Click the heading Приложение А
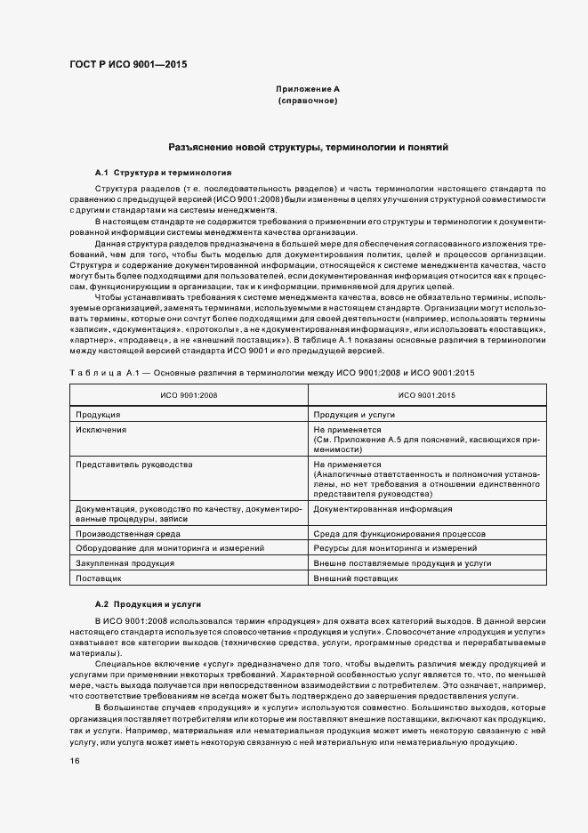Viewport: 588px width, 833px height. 308,90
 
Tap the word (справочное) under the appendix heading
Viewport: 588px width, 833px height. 308,101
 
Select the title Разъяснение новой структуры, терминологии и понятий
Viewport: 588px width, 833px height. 308,147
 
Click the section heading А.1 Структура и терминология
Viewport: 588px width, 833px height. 163,172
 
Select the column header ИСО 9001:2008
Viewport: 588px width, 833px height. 188,395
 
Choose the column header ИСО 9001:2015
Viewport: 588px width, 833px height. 426,395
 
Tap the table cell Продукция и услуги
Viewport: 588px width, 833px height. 353,415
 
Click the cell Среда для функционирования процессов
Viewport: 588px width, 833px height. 399,534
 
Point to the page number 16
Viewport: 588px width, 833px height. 75,761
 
